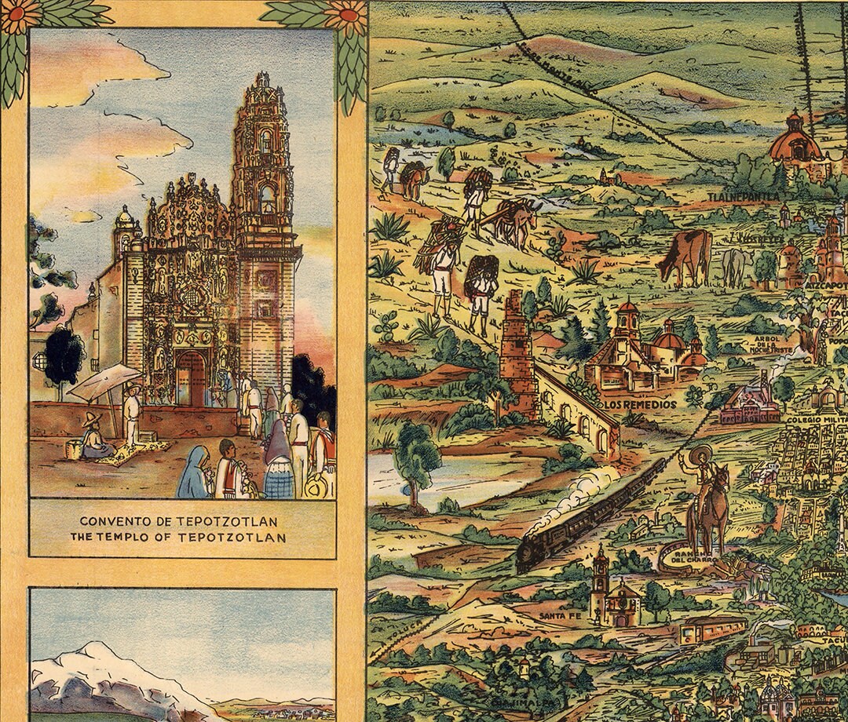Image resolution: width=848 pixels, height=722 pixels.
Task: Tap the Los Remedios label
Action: pos(640,404)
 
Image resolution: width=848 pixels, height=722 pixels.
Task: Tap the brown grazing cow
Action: pos(685,256)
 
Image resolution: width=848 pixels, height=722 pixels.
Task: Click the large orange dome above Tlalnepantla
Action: pos(795,143)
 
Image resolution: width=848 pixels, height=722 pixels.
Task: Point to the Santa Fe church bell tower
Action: pos(601,581)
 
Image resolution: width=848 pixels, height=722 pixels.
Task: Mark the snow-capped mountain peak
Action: pos(94,651)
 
